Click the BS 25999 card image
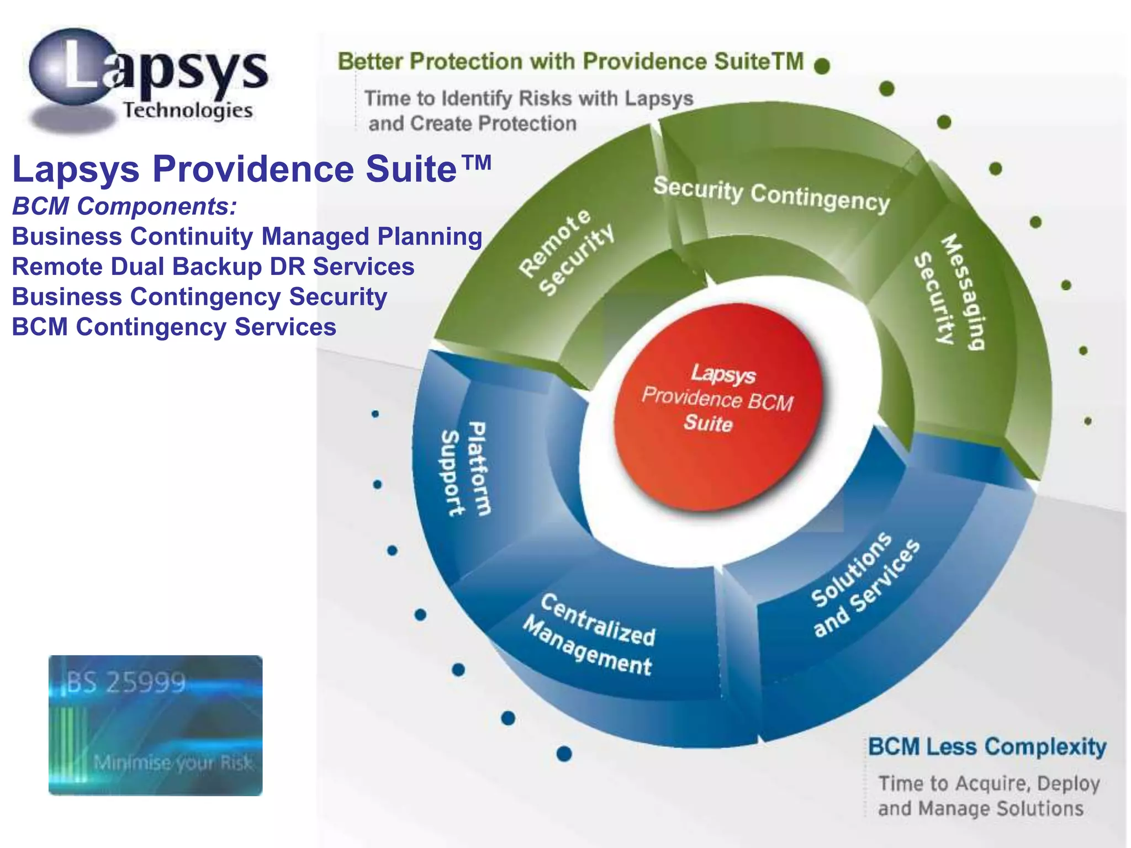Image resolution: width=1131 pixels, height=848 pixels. click(x=155, y=725)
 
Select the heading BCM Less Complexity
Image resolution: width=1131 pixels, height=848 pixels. click(x=987, y=747)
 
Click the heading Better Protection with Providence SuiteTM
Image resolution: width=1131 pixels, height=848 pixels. click(x=570, y=62)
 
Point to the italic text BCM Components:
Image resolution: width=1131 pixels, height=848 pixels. click(x=125, y=206)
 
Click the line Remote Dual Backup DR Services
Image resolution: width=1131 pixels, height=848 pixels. click(x=213, y=267)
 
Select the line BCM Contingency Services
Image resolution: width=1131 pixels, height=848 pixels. click(x=174, y=327)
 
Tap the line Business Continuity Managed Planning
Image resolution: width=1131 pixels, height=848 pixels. click(x=247, y=237)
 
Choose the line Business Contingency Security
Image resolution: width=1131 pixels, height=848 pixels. click(x=199, y=297)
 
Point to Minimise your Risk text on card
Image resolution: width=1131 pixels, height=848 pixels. click(x=173, y=763)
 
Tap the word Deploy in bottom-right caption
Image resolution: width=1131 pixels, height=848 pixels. click(x=1069, y=783)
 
